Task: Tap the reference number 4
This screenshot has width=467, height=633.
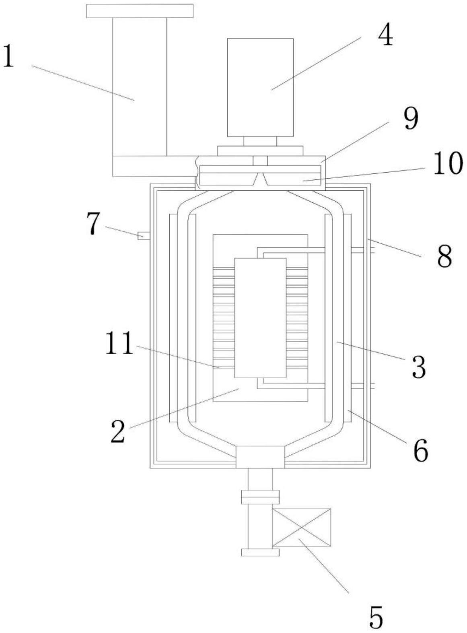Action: (x=385, y=37)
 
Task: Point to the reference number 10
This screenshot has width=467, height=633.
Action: (x=448, y=165)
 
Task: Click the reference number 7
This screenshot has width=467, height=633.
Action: (x=93, y=223)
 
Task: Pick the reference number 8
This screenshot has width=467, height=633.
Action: (x=444, y=256)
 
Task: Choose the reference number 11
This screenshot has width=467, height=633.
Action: (x=119, y=344)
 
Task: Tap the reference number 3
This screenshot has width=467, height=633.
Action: (x=419, y=367)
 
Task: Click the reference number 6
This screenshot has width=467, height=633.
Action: (x=420, y=452)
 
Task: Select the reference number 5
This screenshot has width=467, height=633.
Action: (x=376, y=618)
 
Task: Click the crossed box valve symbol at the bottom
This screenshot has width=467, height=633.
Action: (x=302, y=527)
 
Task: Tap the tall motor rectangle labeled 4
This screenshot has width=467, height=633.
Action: (x=260, y=87)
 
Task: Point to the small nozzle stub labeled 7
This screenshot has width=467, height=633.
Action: (x=143, y=235)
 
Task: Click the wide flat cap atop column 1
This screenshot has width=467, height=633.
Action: (x=140, y=11)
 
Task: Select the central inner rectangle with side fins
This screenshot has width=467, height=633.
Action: (x=260, y=318)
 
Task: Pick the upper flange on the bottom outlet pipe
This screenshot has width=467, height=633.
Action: (x=260, y=497)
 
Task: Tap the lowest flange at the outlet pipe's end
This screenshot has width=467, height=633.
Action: (x=260, y=553)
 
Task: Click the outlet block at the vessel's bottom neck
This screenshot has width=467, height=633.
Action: (x=260, y=457)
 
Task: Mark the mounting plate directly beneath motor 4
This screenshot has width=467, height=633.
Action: (x=260, y=151)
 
